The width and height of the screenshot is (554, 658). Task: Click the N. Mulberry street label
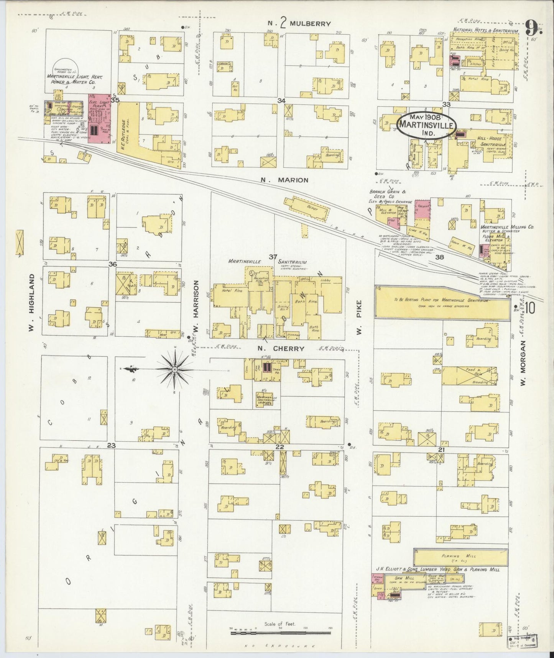299,24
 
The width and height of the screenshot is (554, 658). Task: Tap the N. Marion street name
284,180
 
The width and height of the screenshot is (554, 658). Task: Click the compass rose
174,369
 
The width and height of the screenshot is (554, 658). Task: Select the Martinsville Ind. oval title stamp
426,125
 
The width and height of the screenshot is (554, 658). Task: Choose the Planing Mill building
460,555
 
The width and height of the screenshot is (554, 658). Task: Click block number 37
273,256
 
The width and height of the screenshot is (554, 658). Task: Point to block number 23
111,446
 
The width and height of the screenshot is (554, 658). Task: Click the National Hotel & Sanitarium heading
485,30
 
